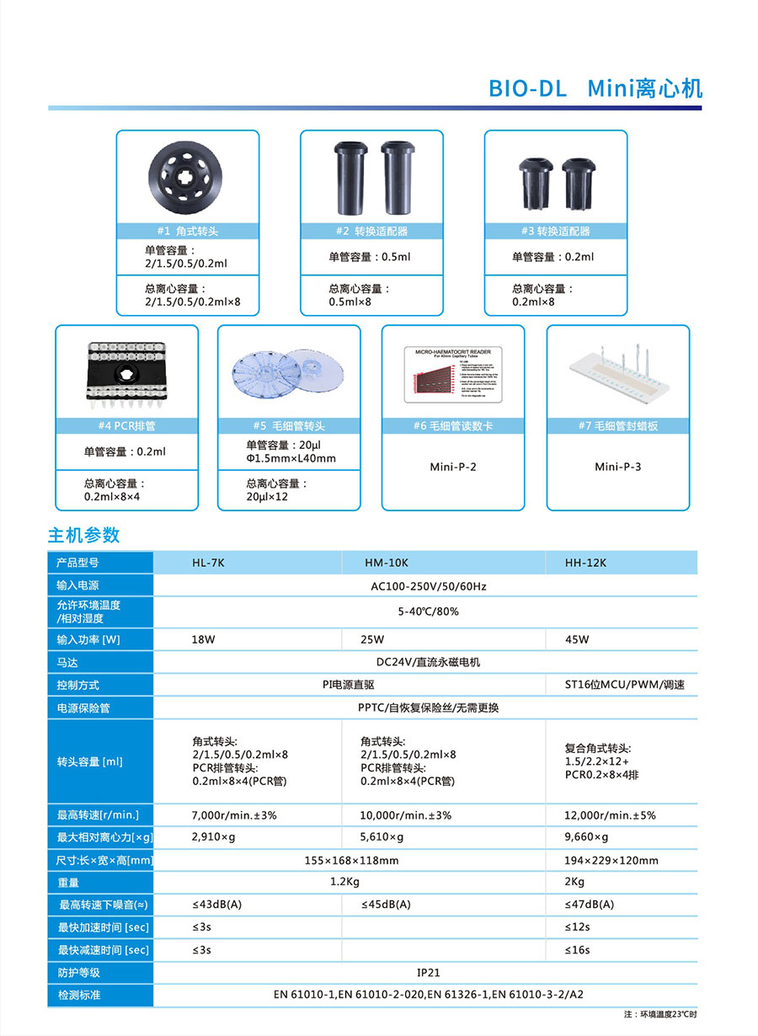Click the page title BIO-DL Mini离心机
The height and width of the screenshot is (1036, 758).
[x=595, y=88]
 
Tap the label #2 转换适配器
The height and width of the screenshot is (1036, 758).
[x=371, y=231]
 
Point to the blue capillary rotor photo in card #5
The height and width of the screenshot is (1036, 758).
[x=288, y=370]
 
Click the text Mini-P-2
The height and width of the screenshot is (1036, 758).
[x=453, y=467]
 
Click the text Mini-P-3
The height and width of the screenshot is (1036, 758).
[x=617, y=467]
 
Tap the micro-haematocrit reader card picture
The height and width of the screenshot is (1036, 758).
[x=453, y=371]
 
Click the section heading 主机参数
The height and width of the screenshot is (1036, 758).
[x=83, y=535]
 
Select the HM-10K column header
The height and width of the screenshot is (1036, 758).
[x=387, y=563]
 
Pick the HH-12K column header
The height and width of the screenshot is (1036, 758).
[x=585, y=563]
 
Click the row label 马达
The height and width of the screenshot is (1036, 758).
[x=67, y=663]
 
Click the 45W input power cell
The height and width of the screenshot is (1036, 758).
[x=577, y=639]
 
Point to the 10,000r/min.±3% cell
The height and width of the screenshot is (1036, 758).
[x=406, y=815]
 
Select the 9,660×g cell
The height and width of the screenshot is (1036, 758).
[x=586, y=837]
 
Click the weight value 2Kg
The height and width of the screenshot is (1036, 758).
[x=574, y=882]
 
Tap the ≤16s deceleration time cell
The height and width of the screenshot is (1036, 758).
[x=578, y=950]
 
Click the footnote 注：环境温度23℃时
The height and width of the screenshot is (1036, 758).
[x=660, y=1015]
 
